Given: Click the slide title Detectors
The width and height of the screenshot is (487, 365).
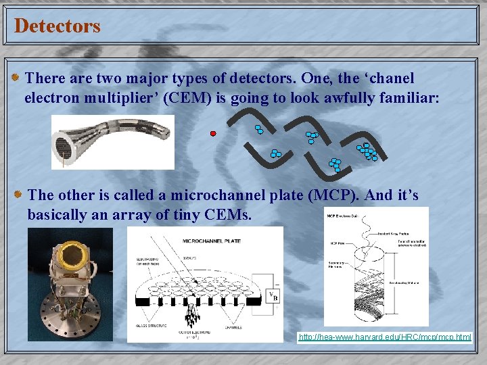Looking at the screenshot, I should (57, 26).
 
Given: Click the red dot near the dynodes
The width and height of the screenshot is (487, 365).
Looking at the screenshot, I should (213, 134).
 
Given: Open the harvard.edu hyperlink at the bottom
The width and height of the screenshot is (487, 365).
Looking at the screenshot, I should (385, 337).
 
